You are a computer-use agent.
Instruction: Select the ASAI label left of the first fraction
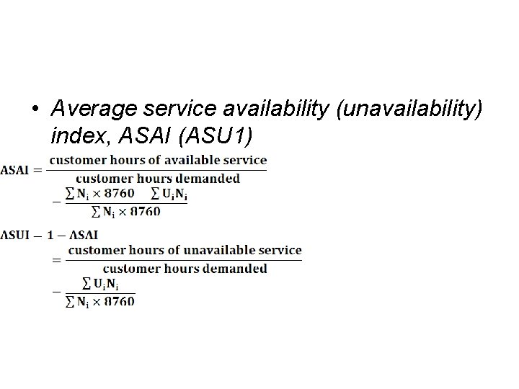15,170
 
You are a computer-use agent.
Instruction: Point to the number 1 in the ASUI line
50,234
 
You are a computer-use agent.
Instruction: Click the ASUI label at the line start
16,234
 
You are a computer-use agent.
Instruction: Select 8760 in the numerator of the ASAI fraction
120,193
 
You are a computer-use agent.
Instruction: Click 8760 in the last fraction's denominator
120,302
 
